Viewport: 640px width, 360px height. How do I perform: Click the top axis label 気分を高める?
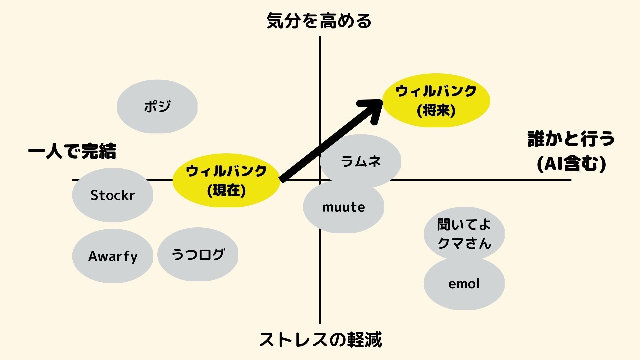(319, 21)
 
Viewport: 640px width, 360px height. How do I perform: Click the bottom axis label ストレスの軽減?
(320, 340)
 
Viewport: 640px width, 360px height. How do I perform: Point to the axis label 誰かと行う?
(571, 139)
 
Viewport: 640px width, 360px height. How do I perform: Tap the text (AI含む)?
(571, 164)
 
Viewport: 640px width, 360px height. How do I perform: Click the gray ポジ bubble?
(157, 106)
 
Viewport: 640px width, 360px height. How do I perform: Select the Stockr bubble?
(113, 195)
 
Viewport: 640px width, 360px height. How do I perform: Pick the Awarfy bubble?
(113, 256)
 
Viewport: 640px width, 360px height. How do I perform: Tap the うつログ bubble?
(198, 255)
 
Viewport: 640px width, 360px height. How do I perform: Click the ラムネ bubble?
(360, 161)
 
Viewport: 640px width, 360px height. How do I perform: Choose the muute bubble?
(343, 207)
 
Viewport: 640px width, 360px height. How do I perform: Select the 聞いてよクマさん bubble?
(464, 233)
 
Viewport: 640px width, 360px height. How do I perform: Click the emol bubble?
(464, 284)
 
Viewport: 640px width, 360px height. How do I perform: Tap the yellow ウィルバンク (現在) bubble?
(226, 180)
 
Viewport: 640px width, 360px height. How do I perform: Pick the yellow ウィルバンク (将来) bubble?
(436, 100)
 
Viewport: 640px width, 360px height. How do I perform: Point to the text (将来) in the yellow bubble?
(436, 111)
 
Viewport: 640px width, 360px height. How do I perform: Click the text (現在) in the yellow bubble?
(226, 191)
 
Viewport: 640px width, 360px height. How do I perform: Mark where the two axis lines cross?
(320, 180)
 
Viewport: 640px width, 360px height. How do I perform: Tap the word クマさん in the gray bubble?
(464, 243)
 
